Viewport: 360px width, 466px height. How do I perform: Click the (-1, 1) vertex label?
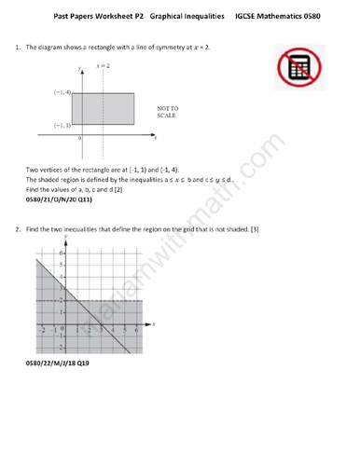pyautogui.click(x=59, y=125)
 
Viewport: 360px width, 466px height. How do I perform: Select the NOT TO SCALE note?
pyautogui.click(x=169, y=113)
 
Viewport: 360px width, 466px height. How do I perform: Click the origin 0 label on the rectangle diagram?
pyautogui.click(x=80, y=138)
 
